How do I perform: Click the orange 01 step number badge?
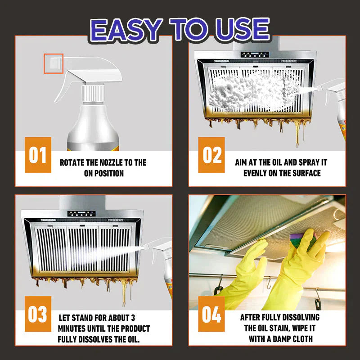point(38,155)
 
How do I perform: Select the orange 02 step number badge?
point(212,155)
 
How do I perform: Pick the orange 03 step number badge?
point(38,314)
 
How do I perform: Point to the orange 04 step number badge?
point(212,314)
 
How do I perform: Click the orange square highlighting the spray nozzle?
point(53,63)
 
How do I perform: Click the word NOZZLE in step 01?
point(118,162)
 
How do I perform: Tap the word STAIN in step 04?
point(286,328)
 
